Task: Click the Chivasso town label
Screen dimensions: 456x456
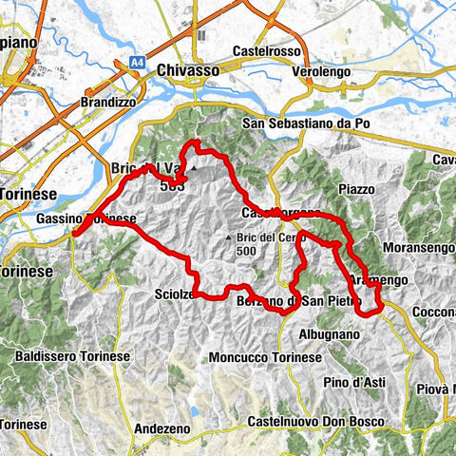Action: pyautogui.click(x=188, y=70)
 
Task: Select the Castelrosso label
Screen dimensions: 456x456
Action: pyautogui.click(x=265, y=51)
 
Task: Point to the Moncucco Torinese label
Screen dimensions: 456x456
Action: pyautogui.click(x=266, y=356)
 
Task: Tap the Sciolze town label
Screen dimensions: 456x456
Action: pyautogui.click(x=175, y=295)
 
